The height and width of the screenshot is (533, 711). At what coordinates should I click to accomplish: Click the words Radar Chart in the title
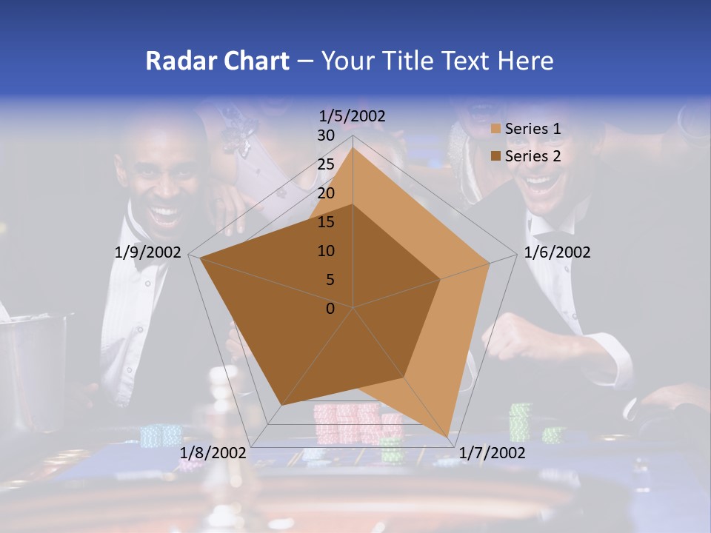pos(217,61)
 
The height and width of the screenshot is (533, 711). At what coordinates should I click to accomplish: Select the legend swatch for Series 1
pos(496,129)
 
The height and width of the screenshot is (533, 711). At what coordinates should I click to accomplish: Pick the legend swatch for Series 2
pos(496,156)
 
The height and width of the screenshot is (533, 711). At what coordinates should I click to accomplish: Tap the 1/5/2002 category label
pos(353,115)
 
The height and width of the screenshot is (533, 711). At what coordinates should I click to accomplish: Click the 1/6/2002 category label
pos(557,252)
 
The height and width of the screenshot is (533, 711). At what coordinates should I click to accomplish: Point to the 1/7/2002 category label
pos(492,453)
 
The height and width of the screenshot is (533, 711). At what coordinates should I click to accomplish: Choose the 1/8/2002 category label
pos(213,453)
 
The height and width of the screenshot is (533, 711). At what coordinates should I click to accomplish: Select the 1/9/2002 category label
pos(148,252)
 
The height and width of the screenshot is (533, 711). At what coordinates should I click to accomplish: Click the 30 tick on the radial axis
pos(326,135)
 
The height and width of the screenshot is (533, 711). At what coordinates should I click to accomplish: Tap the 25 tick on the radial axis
pos(326,164)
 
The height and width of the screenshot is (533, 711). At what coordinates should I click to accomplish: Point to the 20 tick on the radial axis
pos(326,193)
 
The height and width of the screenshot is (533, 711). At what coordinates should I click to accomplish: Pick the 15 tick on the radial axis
pos(326,222)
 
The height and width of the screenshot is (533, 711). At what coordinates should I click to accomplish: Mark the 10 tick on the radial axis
pos(326,251)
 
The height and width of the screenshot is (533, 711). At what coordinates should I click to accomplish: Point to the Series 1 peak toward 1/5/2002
pos(353,148)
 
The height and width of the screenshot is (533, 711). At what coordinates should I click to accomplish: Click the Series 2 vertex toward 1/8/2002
pos(282,405)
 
